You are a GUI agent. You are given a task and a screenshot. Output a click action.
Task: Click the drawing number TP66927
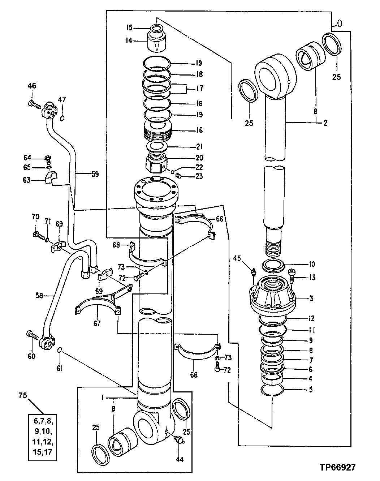(x=337, y=467)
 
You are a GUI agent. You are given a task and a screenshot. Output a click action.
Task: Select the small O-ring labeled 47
(x=62, y=119)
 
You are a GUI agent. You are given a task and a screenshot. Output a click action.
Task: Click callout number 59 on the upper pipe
(x=94, y=174)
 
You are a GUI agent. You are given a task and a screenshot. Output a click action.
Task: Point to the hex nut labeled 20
(x=155, y=162)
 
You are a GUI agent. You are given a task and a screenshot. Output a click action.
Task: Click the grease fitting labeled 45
(x=253, y=271)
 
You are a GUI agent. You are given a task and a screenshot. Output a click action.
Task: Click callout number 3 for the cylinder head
(x=311, y=299)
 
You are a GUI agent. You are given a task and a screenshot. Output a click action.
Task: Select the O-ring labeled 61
(x=61, y=350)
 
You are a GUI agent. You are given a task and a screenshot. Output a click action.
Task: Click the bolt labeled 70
(x=36, y=235)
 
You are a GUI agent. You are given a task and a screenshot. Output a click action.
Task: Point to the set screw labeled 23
(x=179, y=176)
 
